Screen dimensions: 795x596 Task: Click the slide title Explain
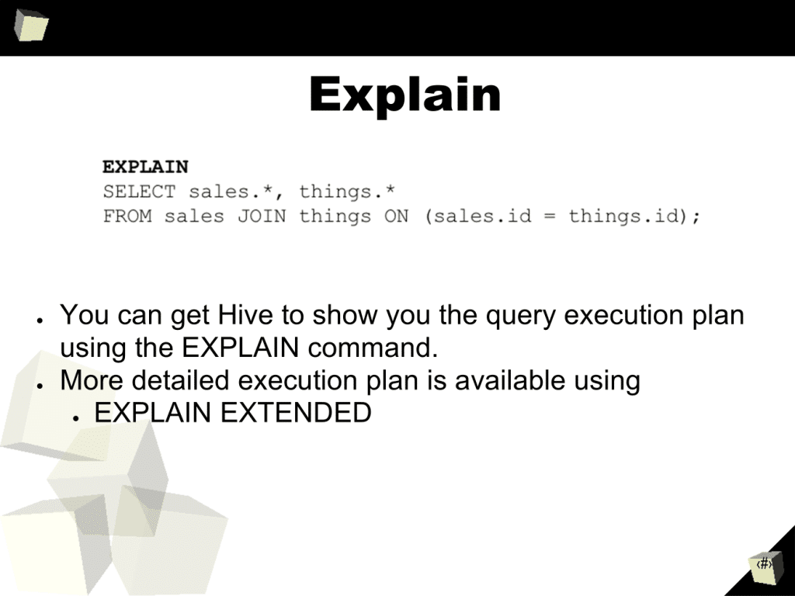[x=405, y=95]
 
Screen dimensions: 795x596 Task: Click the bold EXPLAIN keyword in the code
[x=145, y=167]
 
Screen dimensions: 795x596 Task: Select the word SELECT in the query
[x=140, y=192]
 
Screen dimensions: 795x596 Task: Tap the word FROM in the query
[x=127, y=217]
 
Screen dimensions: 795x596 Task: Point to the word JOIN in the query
[x=262, y=217]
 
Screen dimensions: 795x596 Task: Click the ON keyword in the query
[x=397, y=217]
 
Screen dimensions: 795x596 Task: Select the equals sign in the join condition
[x=550, y=217]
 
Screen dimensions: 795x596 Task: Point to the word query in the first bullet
[x=521, y=317]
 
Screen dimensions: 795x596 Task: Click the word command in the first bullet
[x=373, y=348]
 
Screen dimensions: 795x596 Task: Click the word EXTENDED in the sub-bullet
[x=296, y=413]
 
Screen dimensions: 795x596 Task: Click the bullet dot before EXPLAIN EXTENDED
[x=75, y=418]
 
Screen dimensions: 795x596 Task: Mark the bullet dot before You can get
[x=40, y=321]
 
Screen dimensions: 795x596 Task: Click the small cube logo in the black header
[x=30, y=25]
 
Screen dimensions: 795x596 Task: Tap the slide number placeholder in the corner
[x=764, y=564]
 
